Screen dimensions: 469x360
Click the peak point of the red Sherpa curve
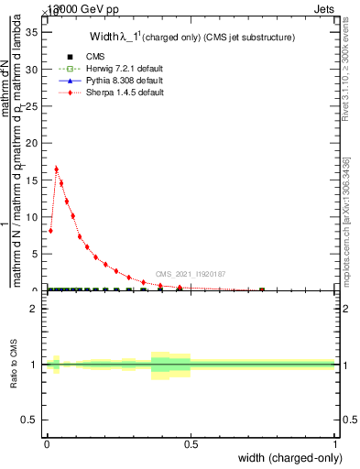57,169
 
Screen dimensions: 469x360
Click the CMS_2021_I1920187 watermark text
191,274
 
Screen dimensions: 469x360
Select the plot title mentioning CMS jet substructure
192,38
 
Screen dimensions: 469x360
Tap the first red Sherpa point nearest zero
50,231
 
